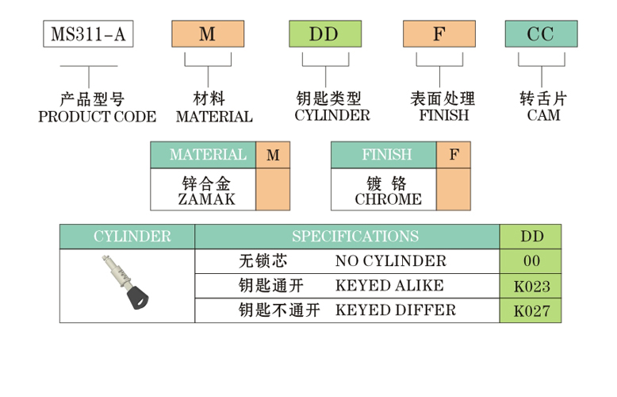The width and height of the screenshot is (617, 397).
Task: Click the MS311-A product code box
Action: pyautogui.click(x=87, y=34)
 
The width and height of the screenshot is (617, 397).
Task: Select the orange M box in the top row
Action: pyautogui.click(x=208, y=34)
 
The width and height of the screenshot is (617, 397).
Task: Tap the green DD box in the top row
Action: pyautogui.click(x=324, y=34)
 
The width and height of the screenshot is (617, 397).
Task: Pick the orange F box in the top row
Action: pyautogui.click(x=439, y=34)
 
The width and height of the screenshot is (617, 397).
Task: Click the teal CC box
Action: pyautogui.click(x=542, y=34)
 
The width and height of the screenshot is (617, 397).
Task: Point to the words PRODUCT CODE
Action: pyautogui.click(x=98, y=117)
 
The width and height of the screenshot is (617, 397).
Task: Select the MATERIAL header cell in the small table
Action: pyautogui.click(x=204, y=155)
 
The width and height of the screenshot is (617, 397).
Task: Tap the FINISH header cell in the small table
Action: pyautogui.click(x=385, y=155)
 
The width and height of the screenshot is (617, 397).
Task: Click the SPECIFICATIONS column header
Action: pyautogui.click(x=354, y=237)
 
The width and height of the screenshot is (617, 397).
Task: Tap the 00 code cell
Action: pyautogui.click(x=531, y=261)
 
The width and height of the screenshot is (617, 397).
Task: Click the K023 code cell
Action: pyautogui.click(x=531, y=286)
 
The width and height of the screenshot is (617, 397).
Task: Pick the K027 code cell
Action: pyautogui.click(x=531, y=310)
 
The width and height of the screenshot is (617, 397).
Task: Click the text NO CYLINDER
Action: pyautogui.click(x=391, y=261)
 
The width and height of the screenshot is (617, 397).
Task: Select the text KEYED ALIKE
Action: pyautogui.click(x=390, y=286)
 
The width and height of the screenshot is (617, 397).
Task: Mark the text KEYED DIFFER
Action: pyautogui.click(x=396, y=310)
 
